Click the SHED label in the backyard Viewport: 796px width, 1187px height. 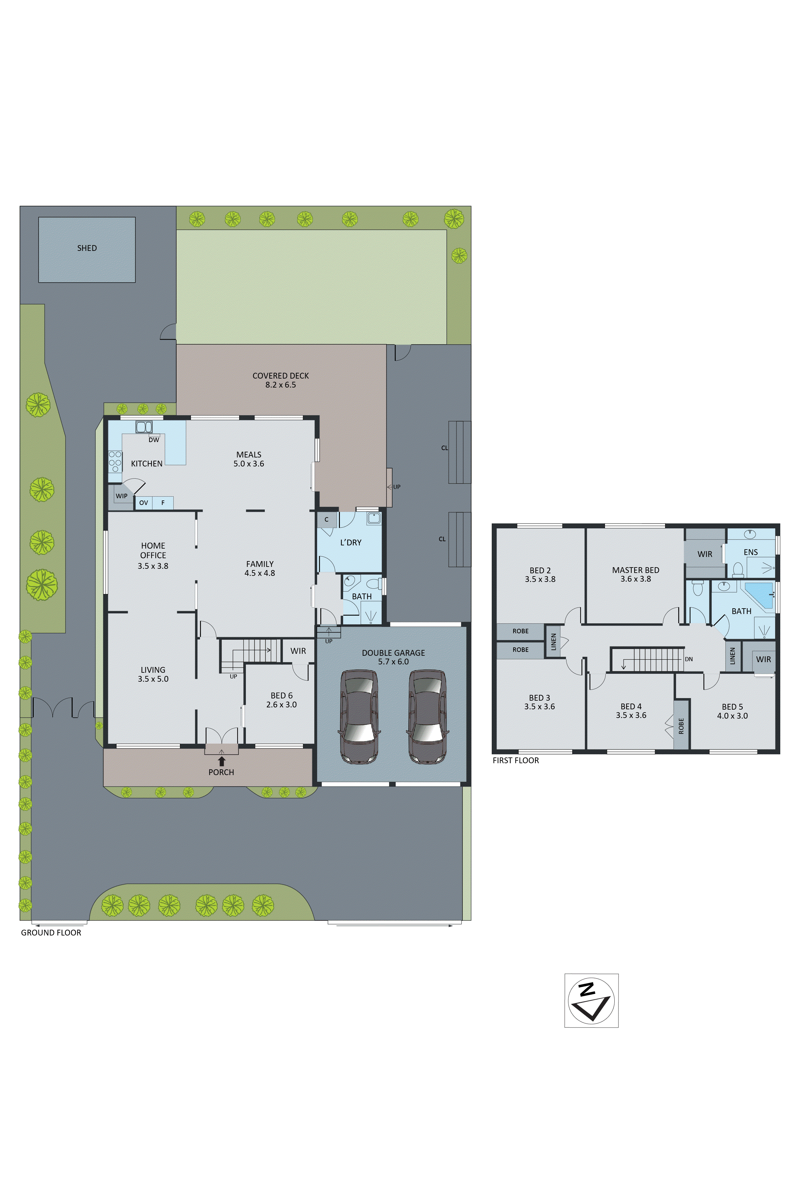pyautogui.click(x=87, y=248)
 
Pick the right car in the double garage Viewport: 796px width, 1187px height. pyautogui.click(x=428, y=716)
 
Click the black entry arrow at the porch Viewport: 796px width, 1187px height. pyautogui.click(x=221, y=761)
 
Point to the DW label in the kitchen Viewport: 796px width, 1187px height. pyautogui.click(x=154, y=440)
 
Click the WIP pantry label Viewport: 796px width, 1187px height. pyautogui.click(x=121, y=496)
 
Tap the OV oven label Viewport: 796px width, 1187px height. pyautogui.click(x=144, y=503)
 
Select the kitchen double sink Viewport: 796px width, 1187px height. pyautogui.click(x=144, y=427)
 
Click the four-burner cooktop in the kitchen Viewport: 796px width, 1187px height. pyautogui.click(x=115, y=462)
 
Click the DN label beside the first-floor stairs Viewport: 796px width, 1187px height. pyautogui.click(x=688, y=659)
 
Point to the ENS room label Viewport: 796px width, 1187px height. pyautogui.click(x=750, y=552)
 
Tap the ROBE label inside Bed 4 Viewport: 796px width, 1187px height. pyautogui.click(x=681, y=725)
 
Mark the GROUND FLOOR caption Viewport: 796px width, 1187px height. pyautogui.click(x=51, y=932)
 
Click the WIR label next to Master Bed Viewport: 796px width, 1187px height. pyautogui.click(x=705, y=554)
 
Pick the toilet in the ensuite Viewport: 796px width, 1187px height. pyautogui.click(x=739, y=569)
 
